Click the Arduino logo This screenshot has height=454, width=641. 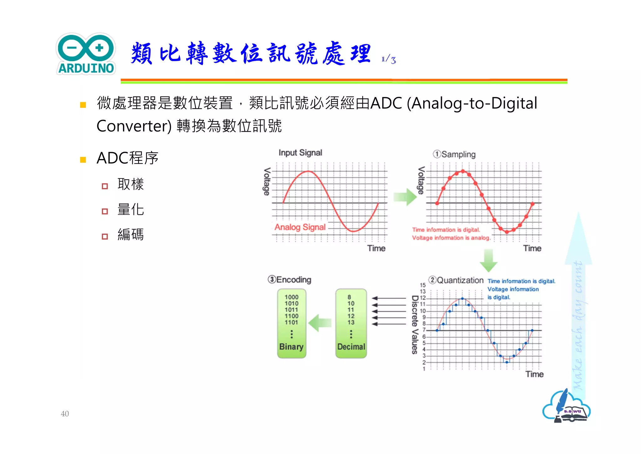[86, 54]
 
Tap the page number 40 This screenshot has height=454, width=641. [65, 414]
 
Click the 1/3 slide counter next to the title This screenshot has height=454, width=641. [389, 59]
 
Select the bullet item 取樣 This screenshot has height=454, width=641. [131, 184]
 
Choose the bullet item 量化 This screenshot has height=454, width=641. [131, 209]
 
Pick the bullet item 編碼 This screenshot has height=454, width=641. [131, 235]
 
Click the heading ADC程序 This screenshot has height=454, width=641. [127, 158]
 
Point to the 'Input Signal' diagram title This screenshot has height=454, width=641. [300, 153]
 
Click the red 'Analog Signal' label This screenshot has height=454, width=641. [300, 227]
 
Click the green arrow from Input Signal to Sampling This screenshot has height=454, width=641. [405, 197]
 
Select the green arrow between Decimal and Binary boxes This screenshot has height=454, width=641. [320, 323]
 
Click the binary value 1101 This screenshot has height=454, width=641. [291, 322]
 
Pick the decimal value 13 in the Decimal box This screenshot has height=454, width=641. [351, 322]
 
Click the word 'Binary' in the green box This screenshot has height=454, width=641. [291, 346]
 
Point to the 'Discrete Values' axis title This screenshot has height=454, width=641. [415, 325]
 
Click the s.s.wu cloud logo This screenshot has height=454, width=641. [566, 407]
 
